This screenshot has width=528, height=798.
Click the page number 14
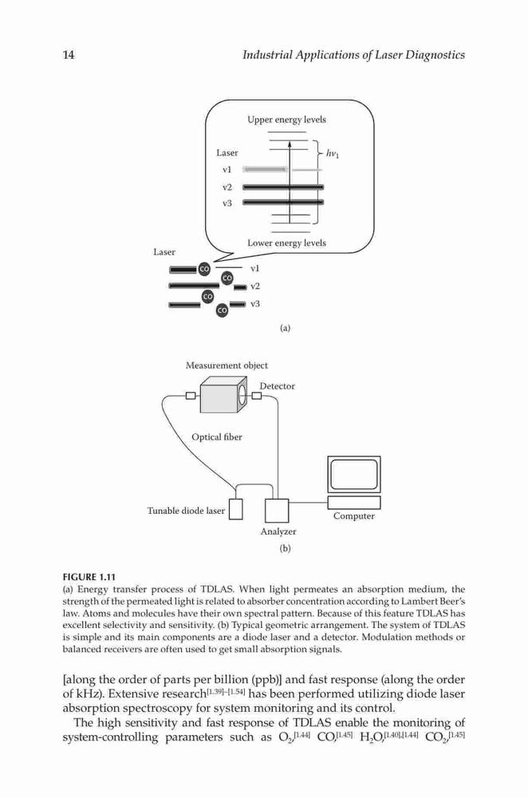pyautogui.click(x=68, y=54)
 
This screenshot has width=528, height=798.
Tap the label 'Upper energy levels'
pyautogui.click(x=286, y=120)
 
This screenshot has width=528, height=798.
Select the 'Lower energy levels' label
pyautogui.click(x=286, y=243)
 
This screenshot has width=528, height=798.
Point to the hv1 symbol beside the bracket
pyautogui.click(x=332, y=153)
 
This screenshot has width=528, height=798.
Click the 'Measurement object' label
pyautogui.click(x=227, y=365)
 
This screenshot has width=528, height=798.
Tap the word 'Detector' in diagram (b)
pyautogui.click(x=278, y=386)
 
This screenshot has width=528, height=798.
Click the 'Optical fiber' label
pyautogui.click(x=217, y=437)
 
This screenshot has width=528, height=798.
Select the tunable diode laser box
pyautogui.click(x=235, y=509)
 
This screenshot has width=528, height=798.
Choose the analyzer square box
pyautogui.click(x=277, y=511)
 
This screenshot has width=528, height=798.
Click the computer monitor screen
pyautogui.click(x=354, y=475)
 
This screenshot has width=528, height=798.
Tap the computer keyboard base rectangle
pyautogui.click(x=354, y=502)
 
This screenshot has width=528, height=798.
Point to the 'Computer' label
pyautogui.click(x=354, y=516)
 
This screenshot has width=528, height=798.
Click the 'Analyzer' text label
pyautogui.click(x=278, y=531)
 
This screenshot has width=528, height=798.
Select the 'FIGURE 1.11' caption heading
pyautogui.click(x=89, y=577)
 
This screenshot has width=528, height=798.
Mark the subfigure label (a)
pyautogui.click(x=286, y=328)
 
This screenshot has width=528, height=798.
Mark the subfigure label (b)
pyautogui.click(x=285, y=548)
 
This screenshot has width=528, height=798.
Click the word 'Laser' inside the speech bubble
pyautogui.click(x=227, y=152)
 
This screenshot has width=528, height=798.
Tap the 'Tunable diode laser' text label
pyautogui.click(x=186, y=511)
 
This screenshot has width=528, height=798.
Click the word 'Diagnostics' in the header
pyautogui.click(x=435, y=55)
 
